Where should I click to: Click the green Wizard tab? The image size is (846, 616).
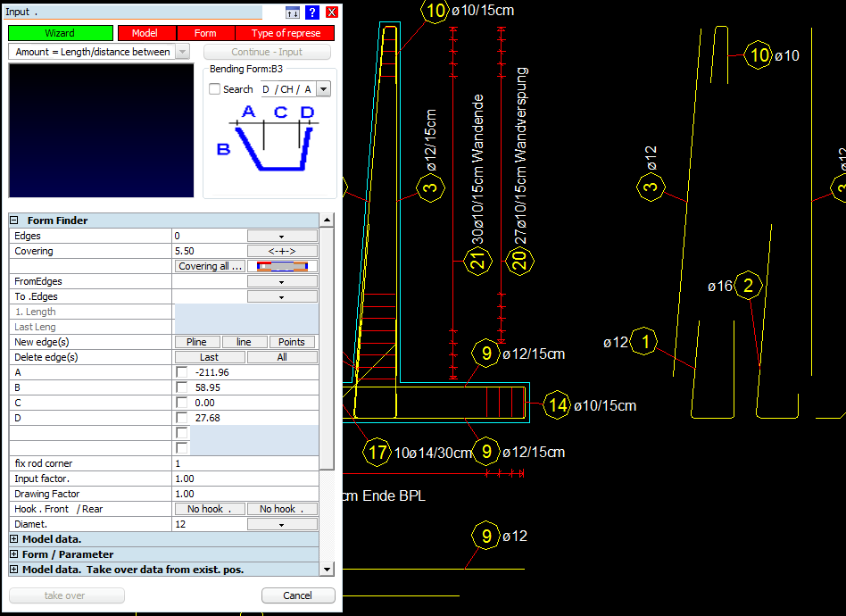61,33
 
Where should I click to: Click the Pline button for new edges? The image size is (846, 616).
197,342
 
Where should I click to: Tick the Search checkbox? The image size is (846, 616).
215,89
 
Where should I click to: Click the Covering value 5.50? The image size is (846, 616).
185,251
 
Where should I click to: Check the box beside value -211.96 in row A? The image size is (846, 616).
182,372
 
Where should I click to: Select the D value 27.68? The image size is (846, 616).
208,418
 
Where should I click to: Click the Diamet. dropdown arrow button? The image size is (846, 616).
282,524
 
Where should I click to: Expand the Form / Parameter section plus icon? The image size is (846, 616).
14,554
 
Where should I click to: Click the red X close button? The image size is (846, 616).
332,12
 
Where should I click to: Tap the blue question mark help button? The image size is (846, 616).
311,12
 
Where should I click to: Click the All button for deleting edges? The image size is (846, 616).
282,357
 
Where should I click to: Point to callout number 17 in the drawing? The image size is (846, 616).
377,452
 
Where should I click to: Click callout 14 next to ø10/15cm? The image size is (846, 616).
558,405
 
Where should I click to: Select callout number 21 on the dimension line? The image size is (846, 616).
478,262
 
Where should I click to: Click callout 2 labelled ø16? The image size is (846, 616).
749,285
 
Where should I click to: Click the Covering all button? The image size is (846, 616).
210,266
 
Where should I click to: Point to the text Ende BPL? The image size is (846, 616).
394,495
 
